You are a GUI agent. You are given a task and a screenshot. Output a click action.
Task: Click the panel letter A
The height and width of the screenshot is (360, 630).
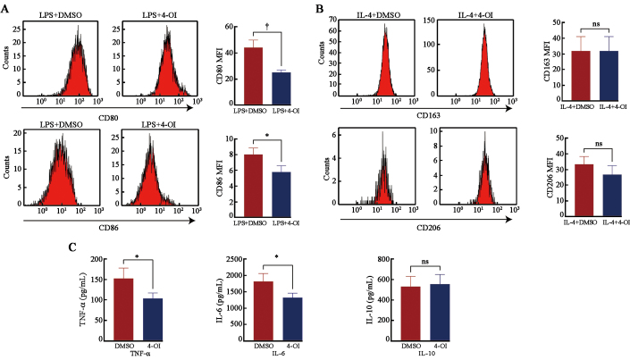click(6, 8)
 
